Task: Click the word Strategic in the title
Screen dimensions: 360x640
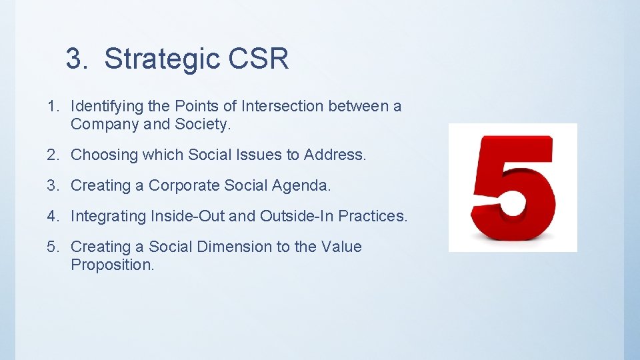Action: tap(162, 59)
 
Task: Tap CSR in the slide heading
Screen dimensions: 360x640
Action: tap(259, 59)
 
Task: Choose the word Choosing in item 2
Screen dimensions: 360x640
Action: tap(100, 155)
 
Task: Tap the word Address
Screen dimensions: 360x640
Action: tap(335, 155)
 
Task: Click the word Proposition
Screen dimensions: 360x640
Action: tap(112, 265)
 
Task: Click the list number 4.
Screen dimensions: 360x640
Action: tap(53, 217)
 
